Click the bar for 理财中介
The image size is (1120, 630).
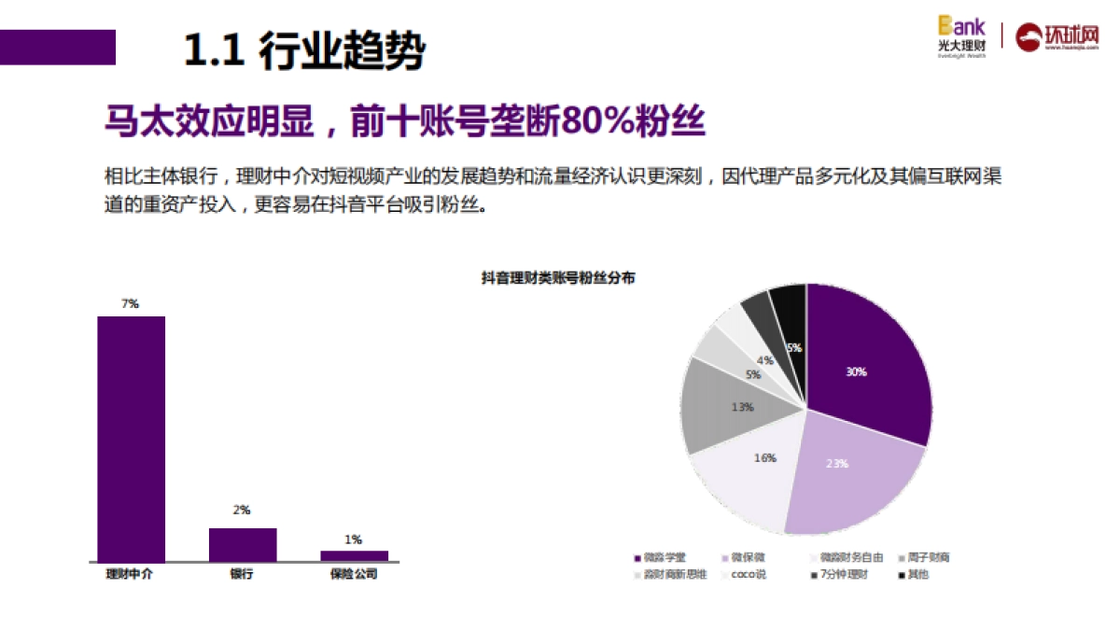click(x=132, y=439)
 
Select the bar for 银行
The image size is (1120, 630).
click(x=243, y=544)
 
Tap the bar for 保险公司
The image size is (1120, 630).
click(x=354, y=555)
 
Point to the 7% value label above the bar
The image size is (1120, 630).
click(x=130, y=303)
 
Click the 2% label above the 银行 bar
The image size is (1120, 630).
click(x=242, y=510)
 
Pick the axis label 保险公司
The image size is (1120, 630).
click(x=354, y=575)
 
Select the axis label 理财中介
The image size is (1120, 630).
click(x=130, y=575)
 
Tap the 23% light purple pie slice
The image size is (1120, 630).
click(x=845, y=471)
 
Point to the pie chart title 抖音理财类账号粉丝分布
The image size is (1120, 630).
click(x=558, y=277)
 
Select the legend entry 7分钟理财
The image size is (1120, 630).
click(x=842, y=575)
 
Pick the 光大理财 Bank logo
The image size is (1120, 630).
click(x=961, y=35)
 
